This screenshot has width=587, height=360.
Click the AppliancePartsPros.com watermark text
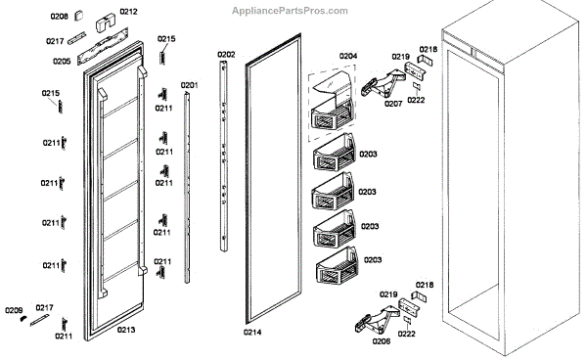(290, 11)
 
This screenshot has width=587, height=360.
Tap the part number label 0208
(59, 16)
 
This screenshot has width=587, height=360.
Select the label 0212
(128, 12)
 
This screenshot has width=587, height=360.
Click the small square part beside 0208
(78, 16)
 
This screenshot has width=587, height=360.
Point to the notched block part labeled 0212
(106, 23)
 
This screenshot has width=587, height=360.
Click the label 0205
(62, 62)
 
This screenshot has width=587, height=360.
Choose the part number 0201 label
(190, 85)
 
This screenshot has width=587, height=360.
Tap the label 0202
(226, 55)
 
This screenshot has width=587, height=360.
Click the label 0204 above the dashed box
(348, 56)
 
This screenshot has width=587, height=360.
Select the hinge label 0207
(393, 104)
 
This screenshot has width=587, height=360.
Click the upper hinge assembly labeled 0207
(383, 84)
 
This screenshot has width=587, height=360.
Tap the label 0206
(382, 340)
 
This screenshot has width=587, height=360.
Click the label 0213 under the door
(126, 330)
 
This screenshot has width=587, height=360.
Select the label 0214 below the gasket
(252, 332)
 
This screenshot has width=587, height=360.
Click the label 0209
(14, 310)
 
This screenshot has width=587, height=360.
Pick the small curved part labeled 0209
(23, 319)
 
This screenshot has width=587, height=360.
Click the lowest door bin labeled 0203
(337, 266)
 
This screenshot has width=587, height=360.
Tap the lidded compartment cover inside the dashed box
(333, 86)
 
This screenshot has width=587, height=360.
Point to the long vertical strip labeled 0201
(187, 188)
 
